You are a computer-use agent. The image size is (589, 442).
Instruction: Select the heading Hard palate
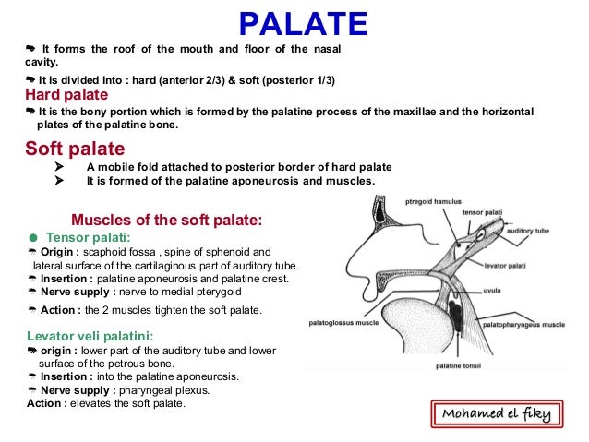click(x=66, y=95)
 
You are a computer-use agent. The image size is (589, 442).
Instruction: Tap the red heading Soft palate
click(x=75, y=149)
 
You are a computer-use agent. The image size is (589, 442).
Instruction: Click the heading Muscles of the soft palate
click(x=167, y=220)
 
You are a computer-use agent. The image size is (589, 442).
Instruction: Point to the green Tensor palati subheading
click(x=91, y=236)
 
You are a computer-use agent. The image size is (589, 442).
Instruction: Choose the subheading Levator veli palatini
click(x=90, y=336)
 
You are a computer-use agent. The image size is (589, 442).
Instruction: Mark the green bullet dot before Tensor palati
click(x=32, y=236)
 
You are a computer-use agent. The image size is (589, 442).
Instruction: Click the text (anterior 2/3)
click(x=229, y=80)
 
